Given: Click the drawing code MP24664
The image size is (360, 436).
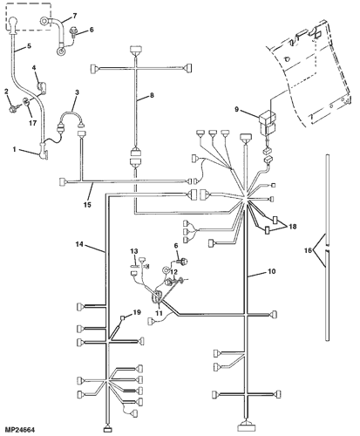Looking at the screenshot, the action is coord(20,429).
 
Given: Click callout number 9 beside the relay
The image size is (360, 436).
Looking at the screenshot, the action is coord(237,110).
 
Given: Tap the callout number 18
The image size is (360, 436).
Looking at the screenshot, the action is coord(293,226).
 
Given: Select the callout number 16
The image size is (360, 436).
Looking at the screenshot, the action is coord(309,250).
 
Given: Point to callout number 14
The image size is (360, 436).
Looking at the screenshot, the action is coord(79,244).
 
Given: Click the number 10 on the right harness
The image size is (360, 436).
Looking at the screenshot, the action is coord(271,271).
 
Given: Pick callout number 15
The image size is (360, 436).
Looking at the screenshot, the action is coord(87,205).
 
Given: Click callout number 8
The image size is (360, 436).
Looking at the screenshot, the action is coord(152,95).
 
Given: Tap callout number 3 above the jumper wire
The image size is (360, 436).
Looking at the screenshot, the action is coord(77,92).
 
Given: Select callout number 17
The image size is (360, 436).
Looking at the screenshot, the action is coord(32,123).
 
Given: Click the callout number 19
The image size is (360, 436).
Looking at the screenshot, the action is coord(137,312).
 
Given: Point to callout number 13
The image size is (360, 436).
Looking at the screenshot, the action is coord(134,251).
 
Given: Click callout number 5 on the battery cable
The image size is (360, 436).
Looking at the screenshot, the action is coord(29,46).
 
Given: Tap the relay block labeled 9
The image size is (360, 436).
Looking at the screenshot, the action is coord(267,124).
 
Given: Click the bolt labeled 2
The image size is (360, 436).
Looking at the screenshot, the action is coord(13,109).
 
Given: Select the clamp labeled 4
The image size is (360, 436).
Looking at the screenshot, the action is coord(42,87).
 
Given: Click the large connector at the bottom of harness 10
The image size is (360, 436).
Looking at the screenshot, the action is coord(247,427).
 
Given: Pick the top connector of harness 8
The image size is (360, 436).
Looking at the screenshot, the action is coord(135,49).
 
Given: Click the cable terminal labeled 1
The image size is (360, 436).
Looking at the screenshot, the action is coord(44,152).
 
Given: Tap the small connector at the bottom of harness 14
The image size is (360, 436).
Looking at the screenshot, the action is coord(107,430).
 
